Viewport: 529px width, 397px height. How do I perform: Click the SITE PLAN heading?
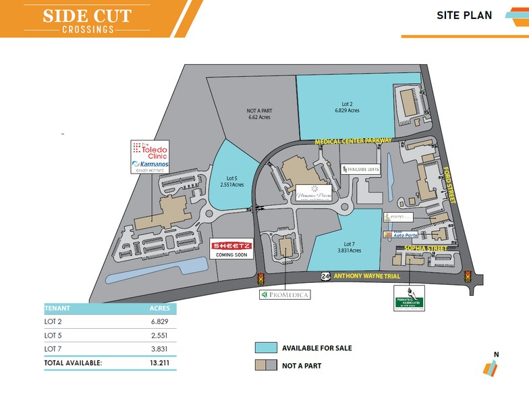coord(464,15)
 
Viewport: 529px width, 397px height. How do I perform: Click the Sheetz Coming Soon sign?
coord(232,249)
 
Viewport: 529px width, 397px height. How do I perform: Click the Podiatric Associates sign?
coord(412,298)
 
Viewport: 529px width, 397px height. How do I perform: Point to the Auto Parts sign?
coord(401,234)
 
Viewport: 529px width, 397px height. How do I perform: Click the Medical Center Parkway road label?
coord(356,140)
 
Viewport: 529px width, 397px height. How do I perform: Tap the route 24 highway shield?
coord(326,275)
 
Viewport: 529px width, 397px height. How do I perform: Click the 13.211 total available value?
coord(159,363)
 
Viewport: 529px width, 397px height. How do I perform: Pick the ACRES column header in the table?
coord(159,308)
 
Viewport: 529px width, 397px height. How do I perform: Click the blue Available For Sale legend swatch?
coord(266,348)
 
